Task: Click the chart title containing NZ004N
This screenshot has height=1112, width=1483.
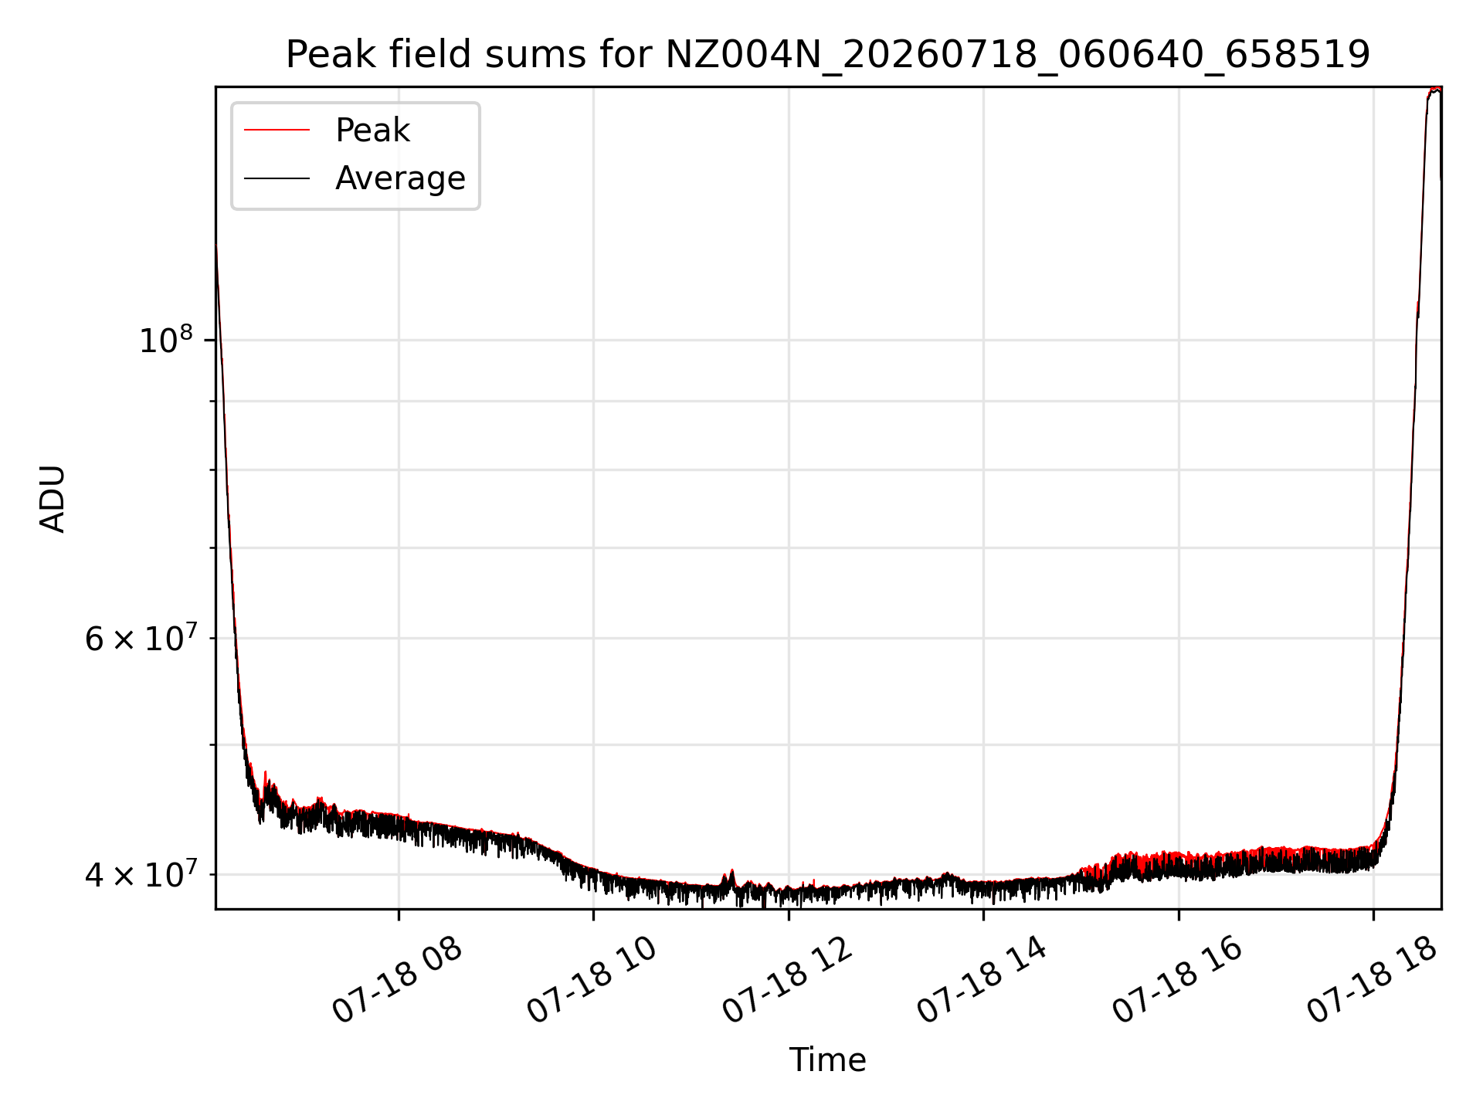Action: (x=828, y=55)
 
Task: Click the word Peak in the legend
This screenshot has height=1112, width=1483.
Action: (x=372, y=130)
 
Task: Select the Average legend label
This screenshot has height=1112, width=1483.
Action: (x=400, y=178)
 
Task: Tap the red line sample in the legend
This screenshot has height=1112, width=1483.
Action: (x=277, y=130)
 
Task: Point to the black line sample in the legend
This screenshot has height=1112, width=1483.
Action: (x=277, y=178)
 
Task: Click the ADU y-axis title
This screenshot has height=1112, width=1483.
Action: (x=53, y=498)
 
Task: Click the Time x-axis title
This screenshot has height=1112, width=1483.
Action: (x=827, y=1059)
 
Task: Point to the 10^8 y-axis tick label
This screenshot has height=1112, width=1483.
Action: (x=165, y=340)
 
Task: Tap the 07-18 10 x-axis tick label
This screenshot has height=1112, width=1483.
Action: (x=592, y=980)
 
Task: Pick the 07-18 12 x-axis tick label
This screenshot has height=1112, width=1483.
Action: (x=788, y=980)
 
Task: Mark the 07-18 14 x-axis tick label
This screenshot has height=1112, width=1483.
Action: (x=982, y=980)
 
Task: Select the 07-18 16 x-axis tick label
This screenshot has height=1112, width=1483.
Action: (x=1178, y=980)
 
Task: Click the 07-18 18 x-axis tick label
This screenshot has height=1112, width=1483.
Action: (x=1373, y=980)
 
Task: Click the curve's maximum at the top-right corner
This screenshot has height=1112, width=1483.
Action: (x=1435, y=90)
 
